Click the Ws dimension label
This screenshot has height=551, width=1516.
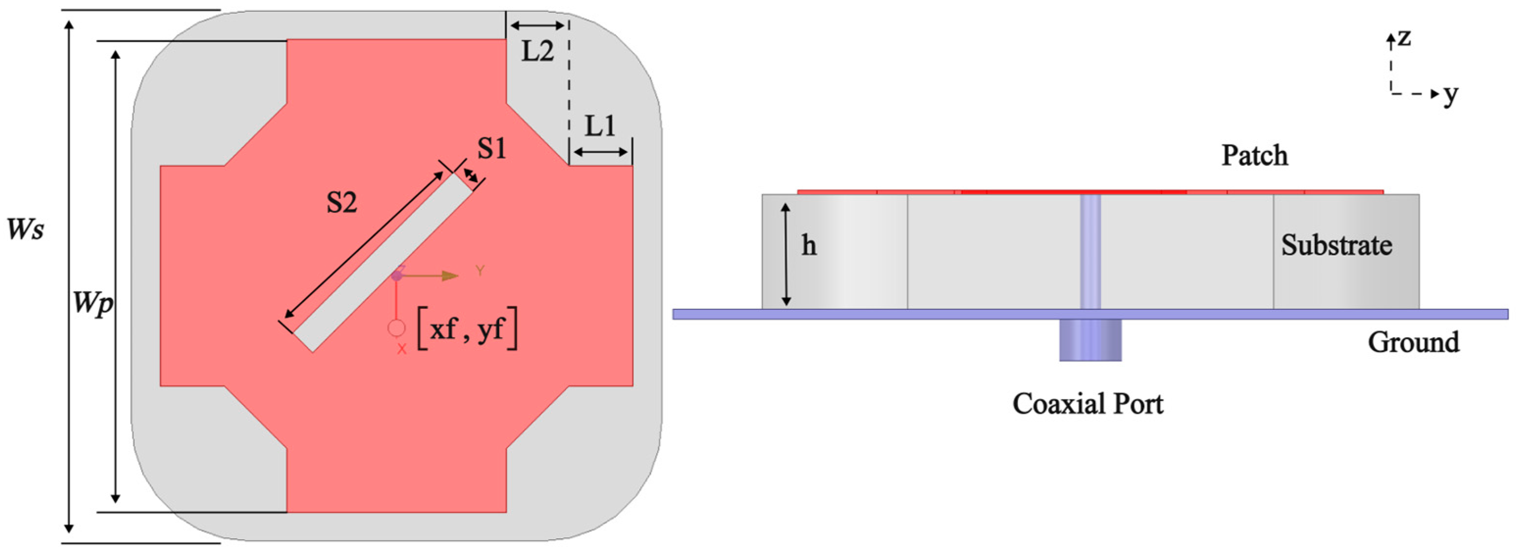point(25,229)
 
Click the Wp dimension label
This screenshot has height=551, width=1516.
point(93,304)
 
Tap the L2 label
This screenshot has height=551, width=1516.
point(537,52)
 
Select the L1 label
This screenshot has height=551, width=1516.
point(600,125)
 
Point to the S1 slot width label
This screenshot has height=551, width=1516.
point(492,149)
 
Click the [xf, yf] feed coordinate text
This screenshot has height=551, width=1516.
point(467,328)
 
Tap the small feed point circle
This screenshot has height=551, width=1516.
point(397,328)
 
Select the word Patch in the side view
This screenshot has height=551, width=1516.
point(1254,155)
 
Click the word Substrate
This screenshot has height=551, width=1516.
point(1337,245)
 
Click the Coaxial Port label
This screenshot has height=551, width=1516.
point(1088,404)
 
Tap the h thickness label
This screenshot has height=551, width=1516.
point(809,245)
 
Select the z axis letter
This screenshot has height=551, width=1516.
point(1405,38)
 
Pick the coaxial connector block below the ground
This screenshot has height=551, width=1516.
point(1090,340)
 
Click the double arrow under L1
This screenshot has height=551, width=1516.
point(600,152)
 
